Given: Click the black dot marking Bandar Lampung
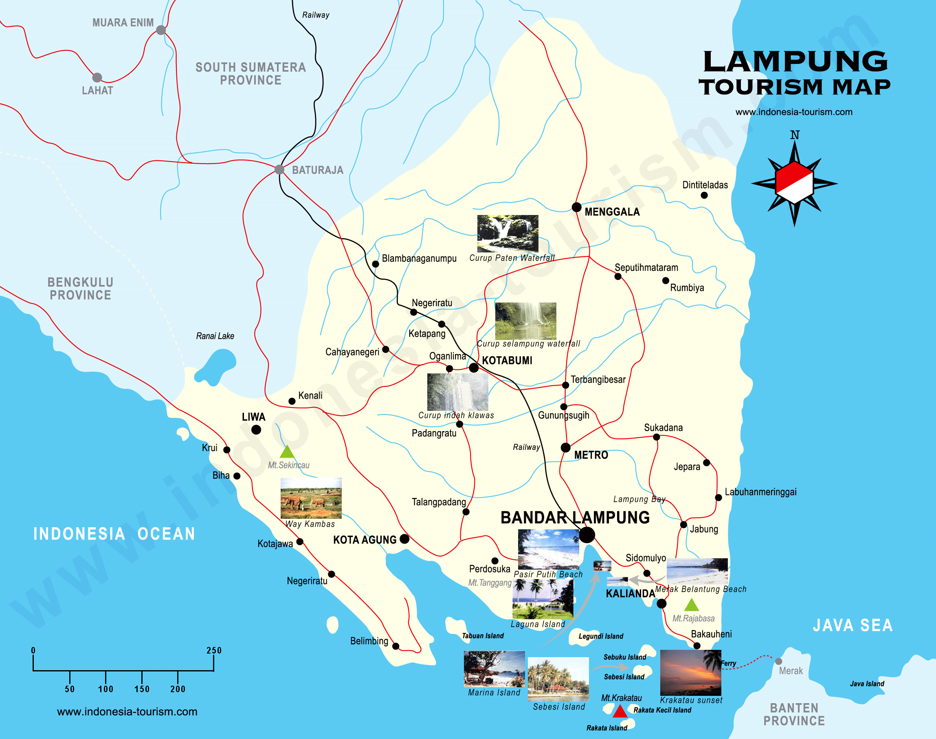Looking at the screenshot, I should [x=587, y=535].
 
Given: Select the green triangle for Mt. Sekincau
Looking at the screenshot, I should [x=287, y=452].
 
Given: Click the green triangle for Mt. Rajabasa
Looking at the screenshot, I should [x=692, y=605].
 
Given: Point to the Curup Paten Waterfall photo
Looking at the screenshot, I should [x=508, y=234].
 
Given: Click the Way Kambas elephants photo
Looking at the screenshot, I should [x=311, y=498].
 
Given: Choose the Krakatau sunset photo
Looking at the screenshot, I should [x=690, y=672].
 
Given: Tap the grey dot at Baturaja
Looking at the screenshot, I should [x=279, y=170].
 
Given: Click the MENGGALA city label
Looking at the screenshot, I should [x=612, y=212].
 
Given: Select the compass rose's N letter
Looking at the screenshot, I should [x=795, y=135].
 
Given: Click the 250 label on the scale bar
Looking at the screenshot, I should [x=214, y=650].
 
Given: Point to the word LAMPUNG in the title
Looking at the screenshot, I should [x=795, y=61].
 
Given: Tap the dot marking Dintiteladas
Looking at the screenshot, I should [x=704, y=195].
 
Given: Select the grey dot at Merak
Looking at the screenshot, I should [x=778, y=661].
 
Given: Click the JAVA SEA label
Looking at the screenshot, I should [x=853, y=626].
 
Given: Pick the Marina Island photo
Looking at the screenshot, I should [x=494, y=669].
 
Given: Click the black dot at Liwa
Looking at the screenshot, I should [x=256, y=430].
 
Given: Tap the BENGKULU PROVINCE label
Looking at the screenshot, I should [x=81, y=289].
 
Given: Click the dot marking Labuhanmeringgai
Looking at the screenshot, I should [x=718, y=498].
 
